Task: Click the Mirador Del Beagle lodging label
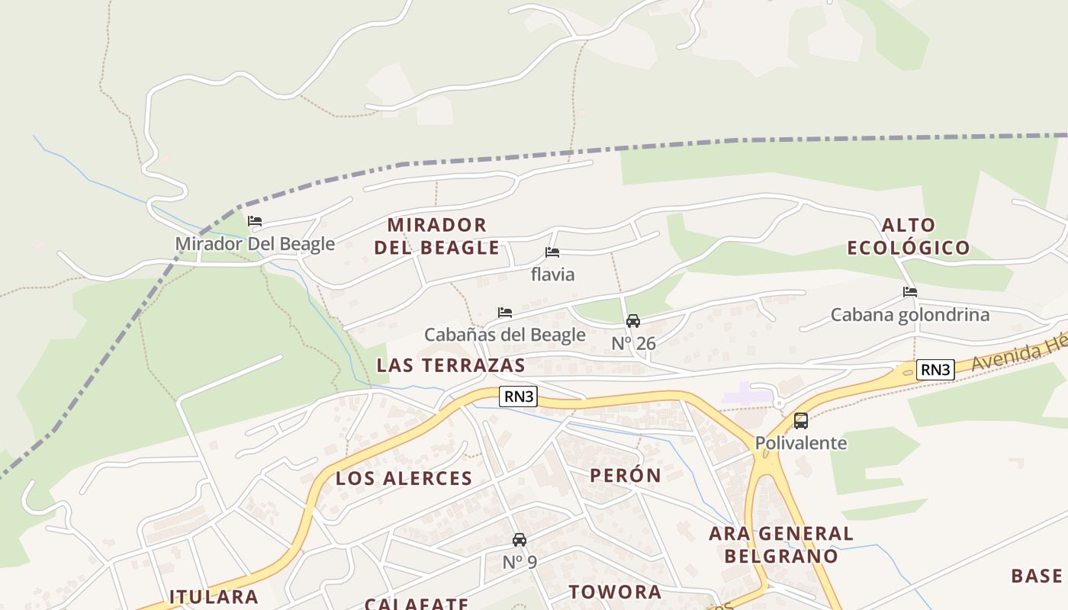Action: click(x=255, y=244)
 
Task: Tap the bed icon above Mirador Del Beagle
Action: click(x=255, y=222)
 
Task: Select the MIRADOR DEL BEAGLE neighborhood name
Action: click(x=436, y=236)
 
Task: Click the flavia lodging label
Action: click(x=552, y=274)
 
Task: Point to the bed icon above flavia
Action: click(x=552, y=252)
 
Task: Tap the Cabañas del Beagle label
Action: click(x=504, y=335)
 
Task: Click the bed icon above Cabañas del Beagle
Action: click(x=504, y=313)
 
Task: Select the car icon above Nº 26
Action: click(x=633, y=321)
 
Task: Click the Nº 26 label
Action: click(x=633, y=344)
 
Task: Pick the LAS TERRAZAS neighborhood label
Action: click(x=451, y=365)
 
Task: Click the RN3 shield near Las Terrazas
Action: click(x=520, y=396)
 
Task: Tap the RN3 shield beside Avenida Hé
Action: click(x=935, y=370)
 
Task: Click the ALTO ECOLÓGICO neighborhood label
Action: click(x=909, y=236)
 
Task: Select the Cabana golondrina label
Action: click(x=909, y=315)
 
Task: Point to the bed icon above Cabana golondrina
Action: click(x=909, y=292)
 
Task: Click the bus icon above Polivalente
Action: click(x=801, y=420)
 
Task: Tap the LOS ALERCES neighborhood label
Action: click(x=404, y=479)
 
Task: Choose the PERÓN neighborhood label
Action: click(x=626, y=475)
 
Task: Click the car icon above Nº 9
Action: click(x=520, y=540)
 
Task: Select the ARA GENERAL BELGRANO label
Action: click(x=781, y=544)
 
